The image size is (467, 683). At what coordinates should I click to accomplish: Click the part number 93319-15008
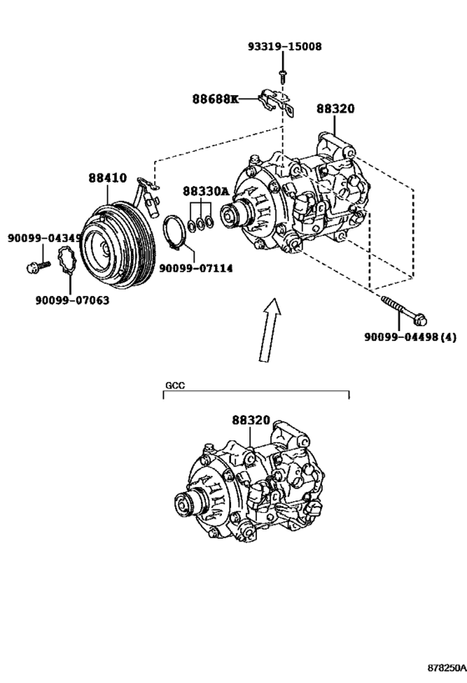click(x=284, y=47)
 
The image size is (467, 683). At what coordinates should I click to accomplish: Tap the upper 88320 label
click(x=335, y=108)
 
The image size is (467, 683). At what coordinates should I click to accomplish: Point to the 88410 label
click(x=108, y=178)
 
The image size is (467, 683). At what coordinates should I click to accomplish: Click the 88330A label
click(x=204, y=191)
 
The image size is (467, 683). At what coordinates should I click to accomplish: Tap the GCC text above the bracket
click(x=173, y=387)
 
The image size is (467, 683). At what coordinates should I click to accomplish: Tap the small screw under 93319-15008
click(x=283, y=76)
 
